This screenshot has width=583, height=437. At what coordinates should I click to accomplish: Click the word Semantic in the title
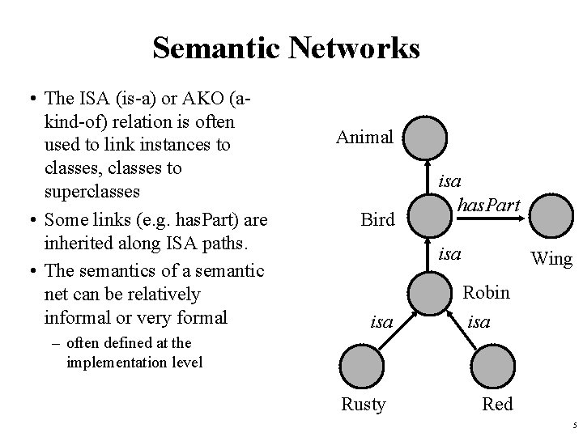click(x=215, y=49)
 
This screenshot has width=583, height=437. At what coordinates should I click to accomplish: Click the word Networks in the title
click(x=353, y=49)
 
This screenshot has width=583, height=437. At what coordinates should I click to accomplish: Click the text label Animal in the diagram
click(x=364, y=137)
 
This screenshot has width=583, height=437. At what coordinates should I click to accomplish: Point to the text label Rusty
click(x=363, y=404)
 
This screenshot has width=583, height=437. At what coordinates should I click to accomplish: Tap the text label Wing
click(x=551, y=259)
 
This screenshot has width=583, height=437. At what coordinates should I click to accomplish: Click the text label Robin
click(x=486, y=291)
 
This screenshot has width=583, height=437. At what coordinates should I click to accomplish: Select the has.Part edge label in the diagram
click(x=488, y=206)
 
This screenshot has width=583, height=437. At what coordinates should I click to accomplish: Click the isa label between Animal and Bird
click(x=450, y=182)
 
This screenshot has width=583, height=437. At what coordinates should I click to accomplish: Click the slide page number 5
click(x=572, y=426)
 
